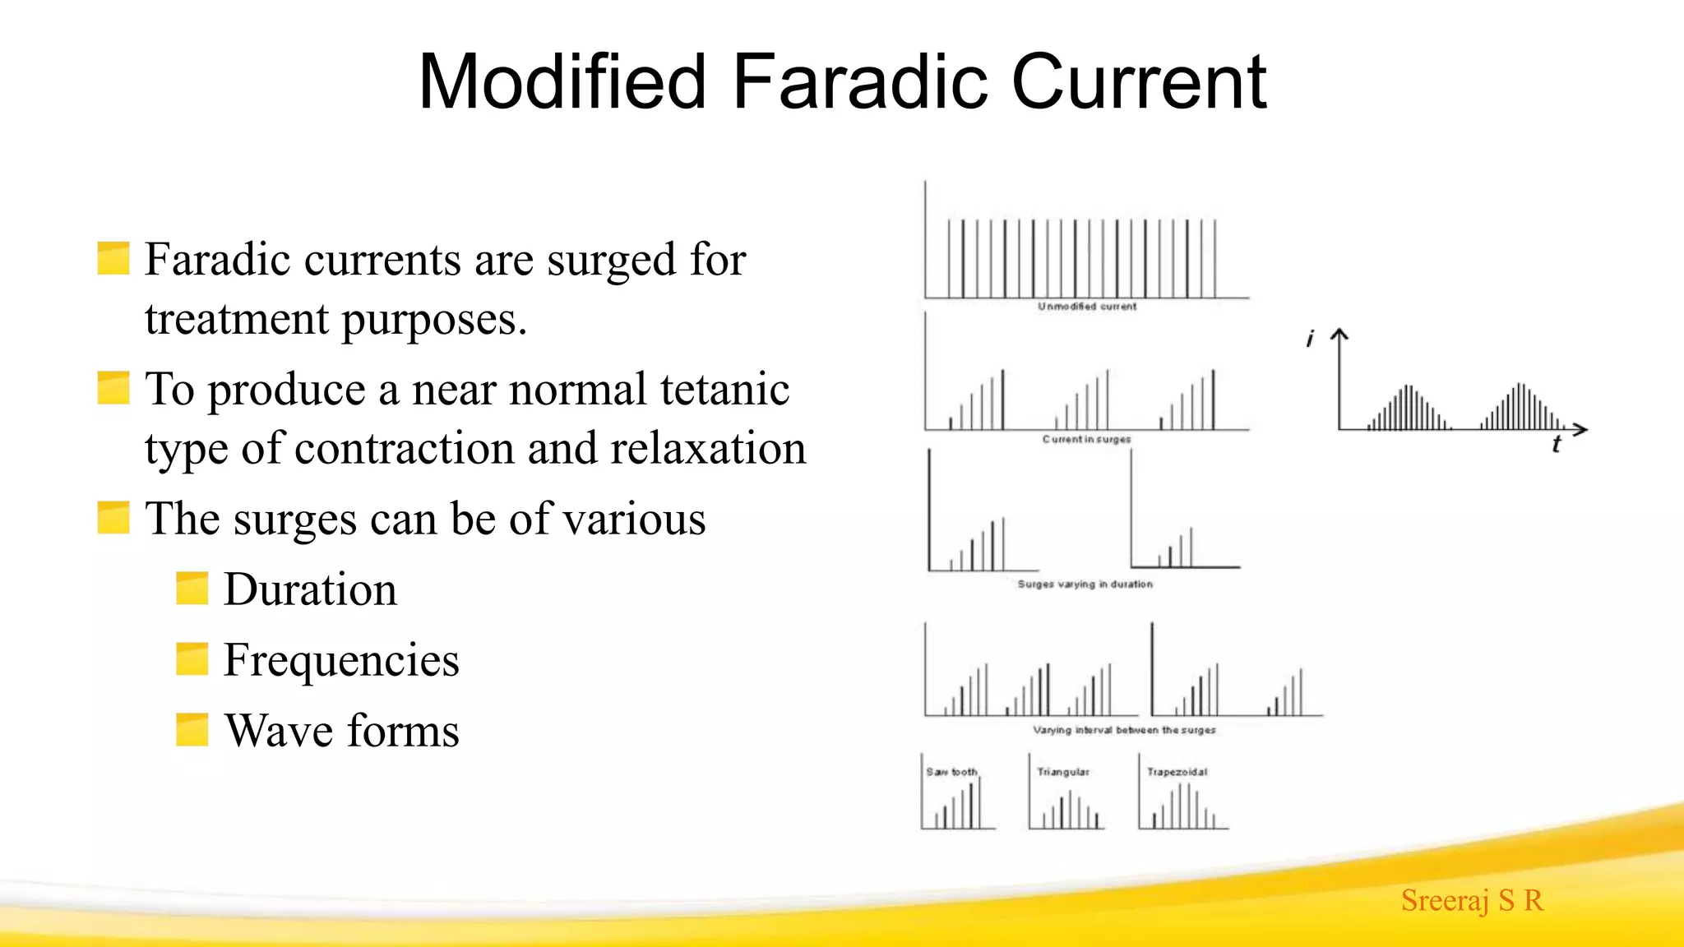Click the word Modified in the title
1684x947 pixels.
(562, 81)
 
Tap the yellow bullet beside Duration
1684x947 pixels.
(192, 589)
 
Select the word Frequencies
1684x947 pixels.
(341, 660)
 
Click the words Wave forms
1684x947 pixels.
(341, 731)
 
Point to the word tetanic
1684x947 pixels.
(724, 389)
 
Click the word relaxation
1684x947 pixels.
(708, 449)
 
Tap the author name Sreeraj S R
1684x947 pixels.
(1472, 900)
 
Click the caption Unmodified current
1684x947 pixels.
(1086, 307)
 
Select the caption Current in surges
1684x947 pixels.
(1086, 440)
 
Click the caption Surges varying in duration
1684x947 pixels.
(1085, 584)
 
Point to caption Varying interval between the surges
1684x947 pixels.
(1123, 730)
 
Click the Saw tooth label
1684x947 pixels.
(951, 772)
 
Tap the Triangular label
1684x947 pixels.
(1062, 772)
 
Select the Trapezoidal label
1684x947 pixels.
(1177, 772)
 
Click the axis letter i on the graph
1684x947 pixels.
(1310, 338)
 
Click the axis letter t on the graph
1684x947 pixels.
(1556, 445)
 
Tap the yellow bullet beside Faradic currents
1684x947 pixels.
(113, 258)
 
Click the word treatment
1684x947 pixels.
(237, 319)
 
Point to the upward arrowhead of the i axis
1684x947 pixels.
(1339, 333)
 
